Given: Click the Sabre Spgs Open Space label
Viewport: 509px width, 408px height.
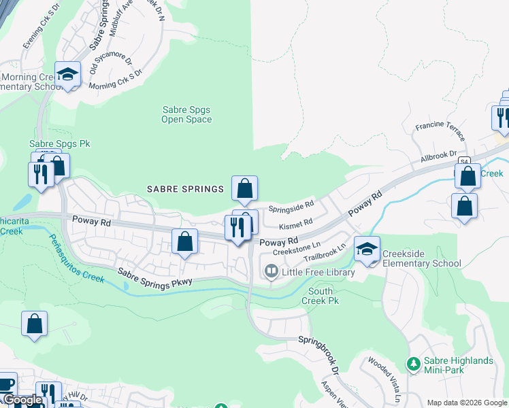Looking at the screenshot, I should tap(186, 114).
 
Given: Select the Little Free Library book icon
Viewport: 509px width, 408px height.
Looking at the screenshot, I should tap(270, 272).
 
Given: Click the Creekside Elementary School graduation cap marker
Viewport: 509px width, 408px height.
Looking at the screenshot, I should tap(367, 250).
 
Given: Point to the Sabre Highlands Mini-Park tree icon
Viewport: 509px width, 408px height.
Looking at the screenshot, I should tap(412, 365).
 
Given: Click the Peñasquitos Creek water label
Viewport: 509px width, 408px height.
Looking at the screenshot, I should tap(77, 258).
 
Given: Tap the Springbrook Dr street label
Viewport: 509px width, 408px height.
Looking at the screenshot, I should tap(319, 354).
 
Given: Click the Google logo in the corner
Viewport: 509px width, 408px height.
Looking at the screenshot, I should tap(22, 401).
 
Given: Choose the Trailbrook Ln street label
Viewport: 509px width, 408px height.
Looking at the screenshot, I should tap(325, 253).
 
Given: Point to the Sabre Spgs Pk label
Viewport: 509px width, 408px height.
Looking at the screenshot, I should tap(60, 144).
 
